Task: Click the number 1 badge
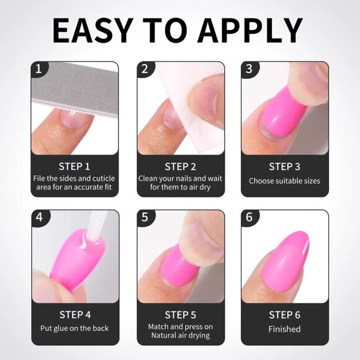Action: click(x=38, y=69)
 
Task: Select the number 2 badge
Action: click(x=145, y=69)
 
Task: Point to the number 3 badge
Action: click(x=249, y=69)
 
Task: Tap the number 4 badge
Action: click(x=38, y=218)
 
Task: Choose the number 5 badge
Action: click(x=145, y=218)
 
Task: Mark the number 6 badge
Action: click(x=249, y=218)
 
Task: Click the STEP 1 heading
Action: click(x=74, y=166)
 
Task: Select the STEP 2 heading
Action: click(x=181, y=166)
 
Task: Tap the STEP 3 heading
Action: click(x=285, y=166)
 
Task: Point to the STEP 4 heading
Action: click(x=74, y=315)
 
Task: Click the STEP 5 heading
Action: click(x=181, y=315)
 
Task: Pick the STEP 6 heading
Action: click(x=285, y=315)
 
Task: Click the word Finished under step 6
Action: click(x=285, y=329)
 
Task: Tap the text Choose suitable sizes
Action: click(x=285, y=181)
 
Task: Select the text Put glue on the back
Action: click(x=74, y=328)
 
